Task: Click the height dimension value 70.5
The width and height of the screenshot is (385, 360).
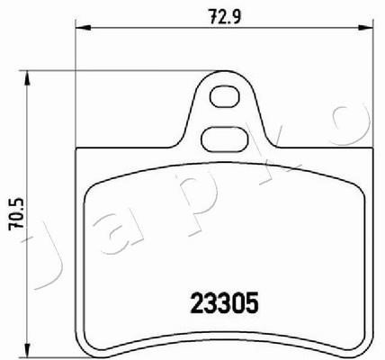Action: (x=16, y=214)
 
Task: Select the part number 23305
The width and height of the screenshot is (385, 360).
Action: (x=224, y=302)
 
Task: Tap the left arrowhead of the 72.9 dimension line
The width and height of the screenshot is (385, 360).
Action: (x=83, y=28)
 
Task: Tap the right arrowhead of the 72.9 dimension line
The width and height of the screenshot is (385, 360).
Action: (x=366, y=28)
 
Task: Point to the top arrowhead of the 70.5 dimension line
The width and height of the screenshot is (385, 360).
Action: (x=27, y=78)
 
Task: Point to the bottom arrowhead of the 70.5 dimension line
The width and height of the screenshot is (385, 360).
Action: (x=27, y=351)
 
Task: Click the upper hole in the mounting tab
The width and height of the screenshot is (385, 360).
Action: (x=225, y=96)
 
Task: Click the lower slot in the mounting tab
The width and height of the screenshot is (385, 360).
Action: (x=225, y=139)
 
